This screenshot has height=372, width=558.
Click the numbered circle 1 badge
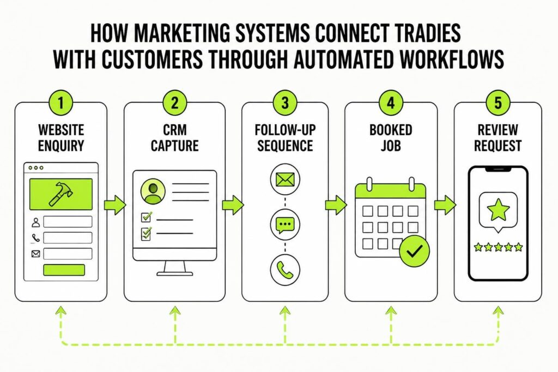coord(61,103)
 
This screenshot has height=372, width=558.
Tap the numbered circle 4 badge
coord(391,103)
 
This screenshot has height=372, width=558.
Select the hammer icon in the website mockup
coord(60,194)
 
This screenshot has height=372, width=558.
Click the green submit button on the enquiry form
coord(64,270)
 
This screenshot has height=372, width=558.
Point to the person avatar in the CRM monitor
coord(153,191)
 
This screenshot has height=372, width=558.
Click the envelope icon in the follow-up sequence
coord(285,179)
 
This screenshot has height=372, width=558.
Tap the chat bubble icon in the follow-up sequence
coord(285,224)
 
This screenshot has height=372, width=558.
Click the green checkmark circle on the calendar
coord(414,251)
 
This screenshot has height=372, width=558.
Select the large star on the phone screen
coord(498,210)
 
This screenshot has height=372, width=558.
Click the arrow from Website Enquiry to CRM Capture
coord(115,205)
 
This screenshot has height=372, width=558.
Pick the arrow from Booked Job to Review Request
coord(445,205)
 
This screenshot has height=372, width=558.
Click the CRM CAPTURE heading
coord(174,138)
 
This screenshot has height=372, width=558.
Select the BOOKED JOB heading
coord(391,138)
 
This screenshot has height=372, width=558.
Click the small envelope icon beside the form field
coord(35,254)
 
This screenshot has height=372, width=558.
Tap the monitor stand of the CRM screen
coord(174,268)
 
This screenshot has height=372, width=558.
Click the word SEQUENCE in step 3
coord(285,146)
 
